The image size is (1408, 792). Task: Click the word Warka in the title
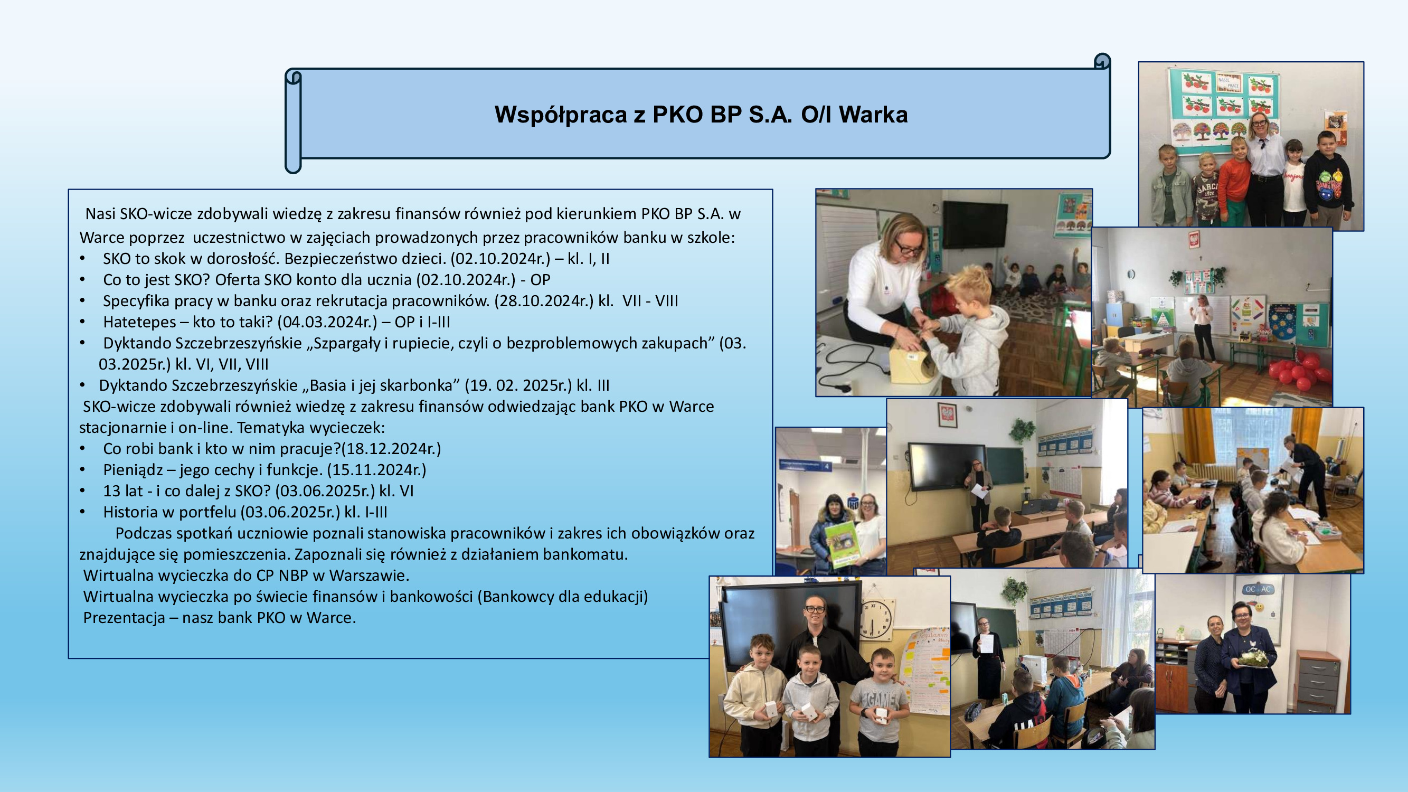873,115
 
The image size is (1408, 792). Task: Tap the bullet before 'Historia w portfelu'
82,512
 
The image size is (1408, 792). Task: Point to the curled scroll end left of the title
294,121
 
